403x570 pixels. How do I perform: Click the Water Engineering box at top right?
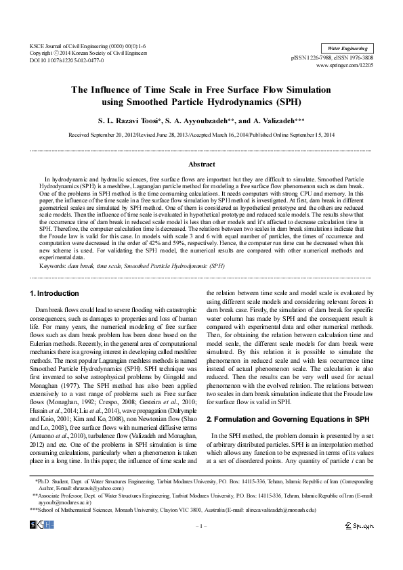click(347, 49)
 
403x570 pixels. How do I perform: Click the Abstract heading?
click(201, 164)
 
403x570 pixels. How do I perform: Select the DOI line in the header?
click(66, 60)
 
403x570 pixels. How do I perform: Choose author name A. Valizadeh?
click(271, 119)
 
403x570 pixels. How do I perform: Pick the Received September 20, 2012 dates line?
click(201, 135)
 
